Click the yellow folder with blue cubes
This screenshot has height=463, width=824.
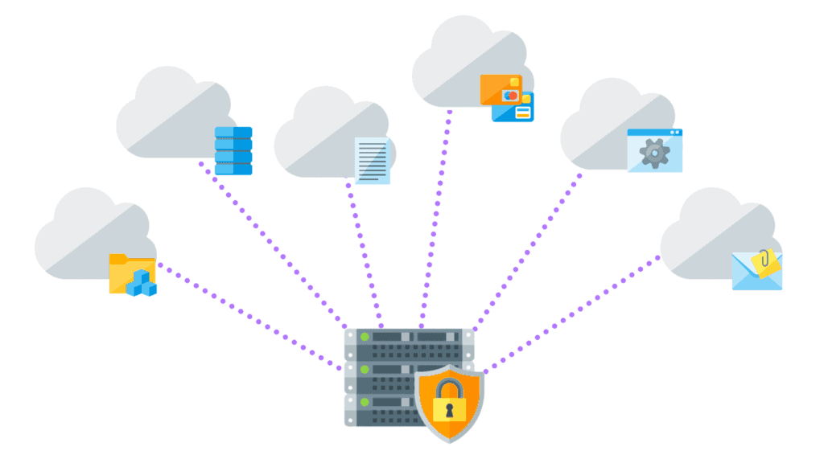[x=132, y=274]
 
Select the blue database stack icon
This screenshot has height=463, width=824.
[x=233, y=150]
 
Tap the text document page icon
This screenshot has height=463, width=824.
[x=373, y=160]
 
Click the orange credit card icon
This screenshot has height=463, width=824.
[x=501, y=90]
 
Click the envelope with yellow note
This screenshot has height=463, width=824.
[x=756, y=270]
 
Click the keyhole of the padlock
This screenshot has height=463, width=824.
[x=449, y=409]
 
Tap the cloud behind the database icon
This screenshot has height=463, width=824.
[x=169, y=113]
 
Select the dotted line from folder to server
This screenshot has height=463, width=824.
[x=249, y=318]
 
